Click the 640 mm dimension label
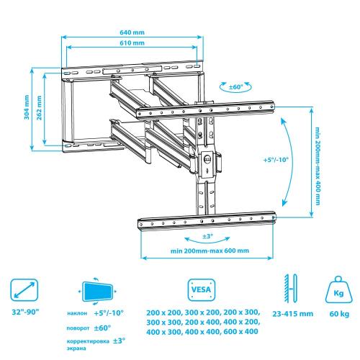[x=132, y=32]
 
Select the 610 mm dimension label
[x=132, y=43]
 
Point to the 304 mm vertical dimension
[x=27, y=107]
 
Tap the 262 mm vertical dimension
[x=39, y=108]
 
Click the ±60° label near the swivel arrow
[x=235, y=87]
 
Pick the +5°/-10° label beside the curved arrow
[x=276, y=160]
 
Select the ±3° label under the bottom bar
[x=207, y=236]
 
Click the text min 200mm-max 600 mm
[x=210, y=251]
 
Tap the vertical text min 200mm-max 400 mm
[x=318, y=166]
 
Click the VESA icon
[x=202, y=289]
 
